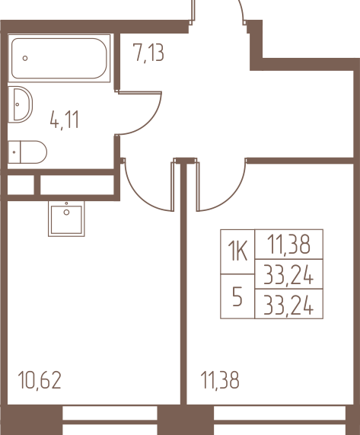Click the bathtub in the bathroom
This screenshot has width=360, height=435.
coord(59,58)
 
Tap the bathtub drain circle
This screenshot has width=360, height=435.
coord(25,58)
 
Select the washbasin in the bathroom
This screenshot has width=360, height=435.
coord(21,104)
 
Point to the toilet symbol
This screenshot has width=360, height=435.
coord(27,152)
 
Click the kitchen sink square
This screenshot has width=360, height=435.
coord(66,219)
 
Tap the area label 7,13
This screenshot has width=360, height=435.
coord(148,53)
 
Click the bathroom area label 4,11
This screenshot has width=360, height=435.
coord(65,120)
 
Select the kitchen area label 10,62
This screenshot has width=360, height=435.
coord(40,380)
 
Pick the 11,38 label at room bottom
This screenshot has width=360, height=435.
coord(220,380)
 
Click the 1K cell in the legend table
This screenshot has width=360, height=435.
coord(237,251)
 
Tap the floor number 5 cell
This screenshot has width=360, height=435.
coord(237,296)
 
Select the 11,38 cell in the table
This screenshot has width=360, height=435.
coord(288,245)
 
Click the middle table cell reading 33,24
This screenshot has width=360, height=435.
coord(288,274)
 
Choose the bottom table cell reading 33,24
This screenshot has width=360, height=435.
coord(288,304)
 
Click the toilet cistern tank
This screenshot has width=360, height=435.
coord(14,152)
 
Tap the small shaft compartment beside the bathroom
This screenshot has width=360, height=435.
coord(21,185)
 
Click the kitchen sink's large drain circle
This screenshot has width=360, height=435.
coord(66,213)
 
